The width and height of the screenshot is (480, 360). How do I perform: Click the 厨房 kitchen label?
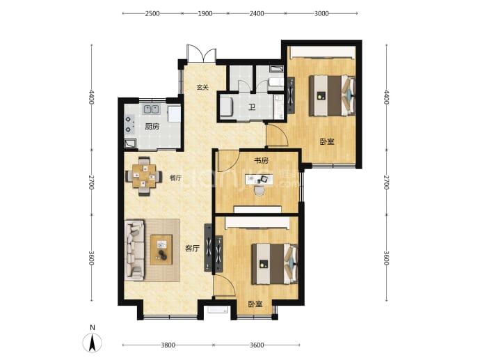[152, 126]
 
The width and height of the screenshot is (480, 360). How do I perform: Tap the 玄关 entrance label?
[202, 87]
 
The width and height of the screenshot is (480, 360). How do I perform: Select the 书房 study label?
[261, 160]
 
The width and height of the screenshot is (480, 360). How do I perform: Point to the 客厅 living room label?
[192, 248]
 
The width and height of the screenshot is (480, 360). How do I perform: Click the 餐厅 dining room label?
[175, 178]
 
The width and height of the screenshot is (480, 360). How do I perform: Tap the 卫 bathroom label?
[252, 107]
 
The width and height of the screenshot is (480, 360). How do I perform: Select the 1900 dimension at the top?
[205, 13]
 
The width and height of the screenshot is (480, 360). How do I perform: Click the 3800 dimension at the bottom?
[168, 345]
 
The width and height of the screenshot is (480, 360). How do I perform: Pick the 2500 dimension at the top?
[152, 13]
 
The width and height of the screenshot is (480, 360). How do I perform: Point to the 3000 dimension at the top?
[321, 13]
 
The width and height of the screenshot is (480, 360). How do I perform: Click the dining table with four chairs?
[144, 176]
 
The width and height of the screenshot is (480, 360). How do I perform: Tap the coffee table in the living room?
[161, 250]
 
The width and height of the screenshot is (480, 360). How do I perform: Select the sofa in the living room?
[134, 250]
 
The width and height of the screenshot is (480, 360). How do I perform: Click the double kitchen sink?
[152, 109]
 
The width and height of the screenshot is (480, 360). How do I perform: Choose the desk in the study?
[259, 180]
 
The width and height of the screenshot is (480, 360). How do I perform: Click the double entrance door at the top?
[202, 54]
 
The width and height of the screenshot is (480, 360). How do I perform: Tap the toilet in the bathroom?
[276, 82]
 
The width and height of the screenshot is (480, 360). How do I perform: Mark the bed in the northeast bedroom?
[332, 95]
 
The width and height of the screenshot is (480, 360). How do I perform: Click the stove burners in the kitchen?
[129, 124]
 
